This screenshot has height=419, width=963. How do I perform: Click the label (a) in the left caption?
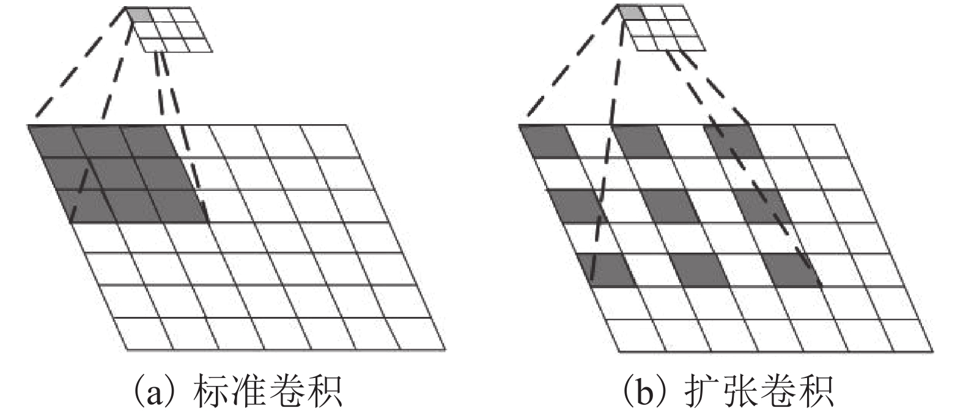(x=150, y=391)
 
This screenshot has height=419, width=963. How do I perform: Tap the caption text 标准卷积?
(x=267, y=392)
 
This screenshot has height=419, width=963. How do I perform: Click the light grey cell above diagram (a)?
(x=139, y=15)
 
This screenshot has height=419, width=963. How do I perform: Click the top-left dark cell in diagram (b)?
(x=547, y=141)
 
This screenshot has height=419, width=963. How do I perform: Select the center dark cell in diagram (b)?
(x=671, y=206)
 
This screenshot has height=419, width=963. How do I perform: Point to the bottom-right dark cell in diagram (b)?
(x=791, y=270)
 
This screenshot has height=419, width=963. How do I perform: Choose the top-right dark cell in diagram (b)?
(x=734, y=141)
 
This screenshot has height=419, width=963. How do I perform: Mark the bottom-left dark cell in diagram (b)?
(x=607, y=270)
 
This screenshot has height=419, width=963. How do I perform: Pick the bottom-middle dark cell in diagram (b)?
(x=700, y=270)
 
